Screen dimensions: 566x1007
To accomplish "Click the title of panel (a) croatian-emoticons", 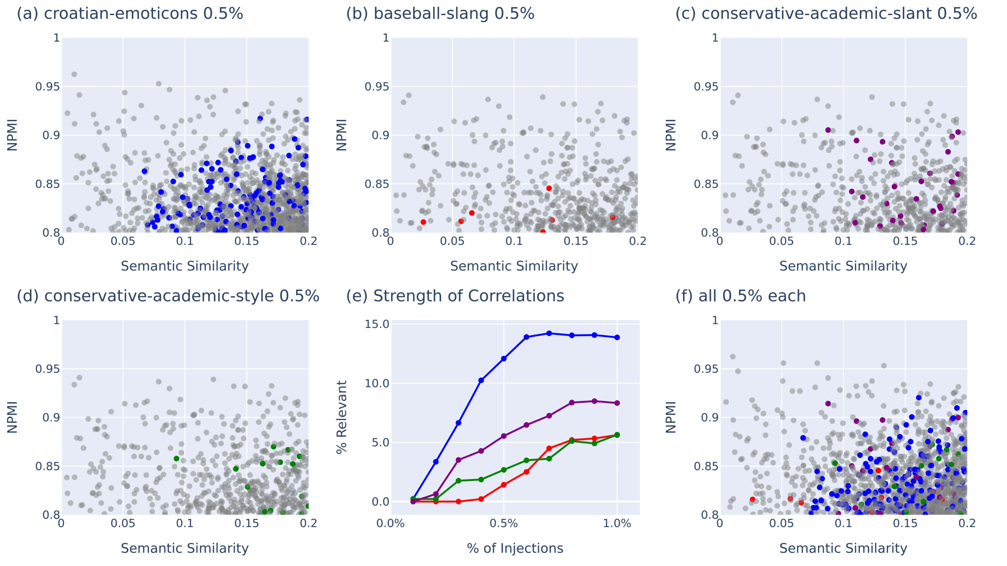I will tap(130, 14).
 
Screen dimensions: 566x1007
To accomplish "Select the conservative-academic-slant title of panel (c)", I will tap(826, 14).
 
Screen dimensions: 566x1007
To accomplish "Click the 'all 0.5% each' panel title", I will tap(740, 296).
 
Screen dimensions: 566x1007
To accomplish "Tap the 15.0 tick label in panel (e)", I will tap(377, 324).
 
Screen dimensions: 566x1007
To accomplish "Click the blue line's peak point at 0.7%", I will tap(549, 333).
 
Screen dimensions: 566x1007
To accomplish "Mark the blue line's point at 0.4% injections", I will tap(481, 380).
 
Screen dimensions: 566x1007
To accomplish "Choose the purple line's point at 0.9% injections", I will tap(594, 401).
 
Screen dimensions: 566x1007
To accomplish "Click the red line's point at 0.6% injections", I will tap(526, 472).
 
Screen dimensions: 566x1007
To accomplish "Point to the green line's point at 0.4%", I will tap(481, 479).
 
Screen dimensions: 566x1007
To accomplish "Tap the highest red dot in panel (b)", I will tap(549, 188).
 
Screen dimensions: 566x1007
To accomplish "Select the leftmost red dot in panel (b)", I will tap(423, 222).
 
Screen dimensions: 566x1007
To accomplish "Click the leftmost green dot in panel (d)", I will tap(176, 458).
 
